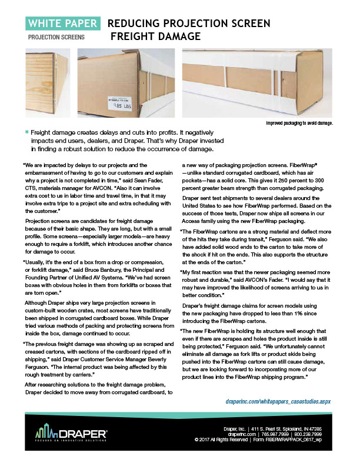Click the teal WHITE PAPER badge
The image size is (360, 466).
coord(63,24)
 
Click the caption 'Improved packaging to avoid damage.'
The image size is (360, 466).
coord(299,123)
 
